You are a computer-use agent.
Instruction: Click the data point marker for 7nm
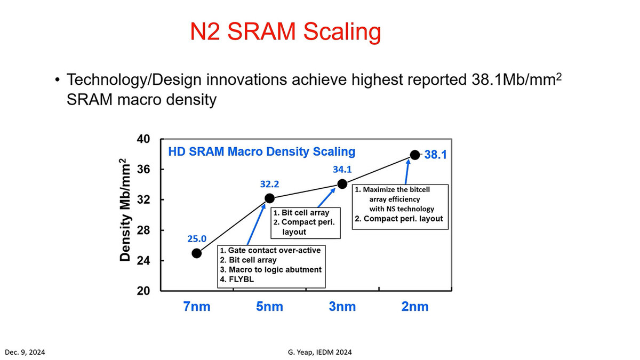click(196, 253)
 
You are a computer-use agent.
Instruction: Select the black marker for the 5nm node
click(269, 198)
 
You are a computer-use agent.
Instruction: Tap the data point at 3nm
click(342, 184)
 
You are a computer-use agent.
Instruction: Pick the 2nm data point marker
click(415, 155)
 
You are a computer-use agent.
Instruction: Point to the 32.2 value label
click(269, 185)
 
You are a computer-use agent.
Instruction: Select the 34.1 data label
click(341, 170)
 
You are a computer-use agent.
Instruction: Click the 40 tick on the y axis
click(143, 139)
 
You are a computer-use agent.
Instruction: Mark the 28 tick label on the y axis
click(143, 230)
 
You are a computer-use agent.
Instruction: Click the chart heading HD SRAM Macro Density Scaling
click(262, 151)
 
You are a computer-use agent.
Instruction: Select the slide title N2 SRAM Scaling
click(286, 33)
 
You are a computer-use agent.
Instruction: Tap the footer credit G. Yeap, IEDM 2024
click(319, 352)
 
